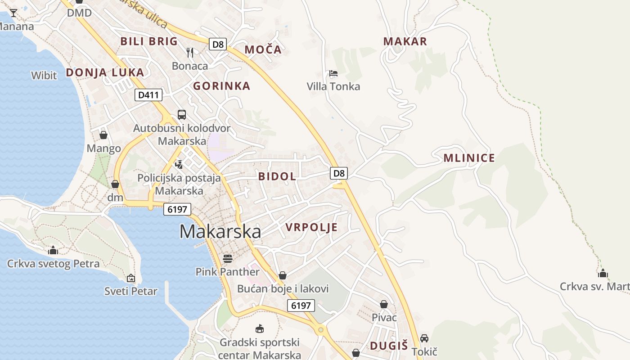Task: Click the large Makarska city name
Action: click(x=220, y=231)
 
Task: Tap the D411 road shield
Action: click(x=148, y=95)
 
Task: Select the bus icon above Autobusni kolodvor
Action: click(x=182, y=114)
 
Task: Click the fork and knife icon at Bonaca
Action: click(x=190, y=53)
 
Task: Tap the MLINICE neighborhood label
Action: click(x=469, y=158)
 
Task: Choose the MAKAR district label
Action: click(x=405, y=41)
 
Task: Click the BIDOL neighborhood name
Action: click(x=277, y=176)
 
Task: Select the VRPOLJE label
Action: click(x=311, y=227)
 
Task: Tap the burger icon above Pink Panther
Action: click(x=228, y=258)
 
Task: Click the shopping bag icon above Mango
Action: click(x=103, y=135)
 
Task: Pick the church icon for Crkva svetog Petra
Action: click(x=53, y=250)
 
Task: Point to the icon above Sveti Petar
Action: click(x=131, y=278)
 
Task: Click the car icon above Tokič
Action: click(x=424, y=338)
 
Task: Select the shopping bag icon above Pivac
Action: click(x=384, y=305)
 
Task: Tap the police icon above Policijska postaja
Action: click(x=179, y=164)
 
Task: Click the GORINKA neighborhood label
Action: click(x=221, y=86)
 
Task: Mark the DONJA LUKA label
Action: click(x=105, y=72)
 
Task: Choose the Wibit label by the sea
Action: click(x=44, y=75)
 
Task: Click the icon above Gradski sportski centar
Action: click(x=260, y=329)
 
